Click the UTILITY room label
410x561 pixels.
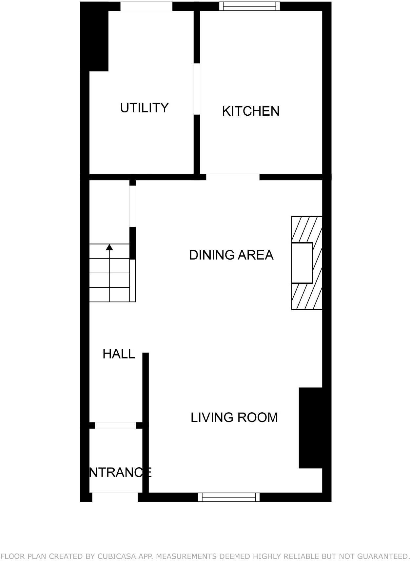[x=144, y=108]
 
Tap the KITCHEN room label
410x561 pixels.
[x=251, y=111]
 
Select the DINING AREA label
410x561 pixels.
[x=231, y=255]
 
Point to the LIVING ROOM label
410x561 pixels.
[x=234, y=417]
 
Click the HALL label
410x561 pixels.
[x=119, y=354]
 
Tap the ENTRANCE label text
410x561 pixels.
[x=120, y=472]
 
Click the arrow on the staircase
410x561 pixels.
[x=109, y=247]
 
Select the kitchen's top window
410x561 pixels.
[x=250, y=6]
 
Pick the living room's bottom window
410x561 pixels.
[x=229, y=497]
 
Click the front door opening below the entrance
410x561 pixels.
[x=115, y=497]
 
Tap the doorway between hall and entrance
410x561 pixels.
[x=115, y=425]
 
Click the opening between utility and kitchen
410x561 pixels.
[x=197, y=89]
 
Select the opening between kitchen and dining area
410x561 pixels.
[x=233, y=177]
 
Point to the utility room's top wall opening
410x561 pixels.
[x=146, y=6]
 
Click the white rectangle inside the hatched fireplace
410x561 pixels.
[x=302, y=263]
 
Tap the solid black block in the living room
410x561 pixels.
[x=311, y=428]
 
